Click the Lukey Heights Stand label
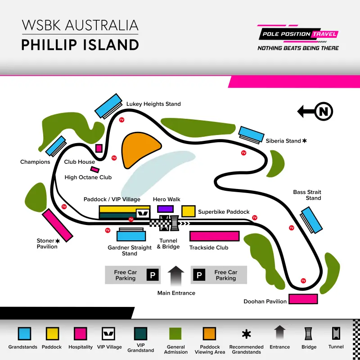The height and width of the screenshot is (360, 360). pos(153,104)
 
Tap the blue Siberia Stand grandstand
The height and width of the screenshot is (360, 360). pos(252,134)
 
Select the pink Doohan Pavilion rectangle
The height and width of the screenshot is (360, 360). pos(303,299)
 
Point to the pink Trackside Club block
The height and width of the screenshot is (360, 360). pos(214,236)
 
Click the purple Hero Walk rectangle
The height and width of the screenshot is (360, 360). pos(165,209)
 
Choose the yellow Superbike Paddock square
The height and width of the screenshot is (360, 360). pos(188,211)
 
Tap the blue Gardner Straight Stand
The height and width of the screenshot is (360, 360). pos(131,236)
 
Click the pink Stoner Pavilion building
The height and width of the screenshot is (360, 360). pos(58,225)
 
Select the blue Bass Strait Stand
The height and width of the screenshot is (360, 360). pos(312,219)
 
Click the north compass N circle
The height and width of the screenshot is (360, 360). pos(324,111)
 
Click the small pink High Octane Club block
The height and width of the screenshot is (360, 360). pos(95,170)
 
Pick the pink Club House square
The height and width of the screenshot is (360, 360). pos(99,148)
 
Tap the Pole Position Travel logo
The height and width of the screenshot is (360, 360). pos(298,38)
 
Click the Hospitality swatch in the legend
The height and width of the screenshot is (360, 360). pos(81,333)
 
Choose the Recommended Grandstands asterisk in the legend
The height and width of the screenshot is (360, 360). pos(246,334)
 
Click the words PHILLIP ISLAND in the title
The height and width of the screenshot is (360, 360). pos(80,45)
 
